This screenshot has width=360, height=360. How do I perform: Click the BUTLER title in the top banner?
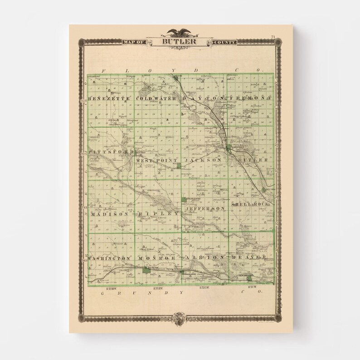click(180, 42)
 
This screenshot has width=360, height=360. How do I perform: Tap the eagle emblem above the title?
click(180, 32)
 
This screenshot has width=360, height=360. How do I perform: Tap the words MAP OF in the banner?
click(132, 43)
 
